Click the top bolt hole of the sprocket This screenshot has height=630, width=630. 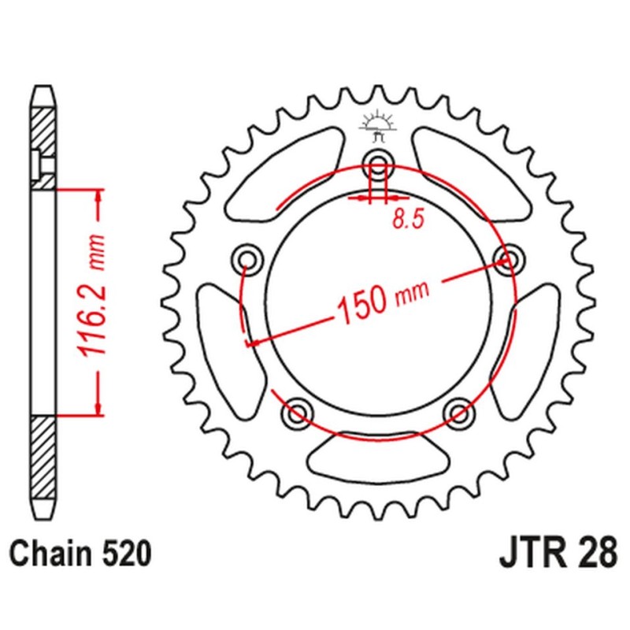(379, 165)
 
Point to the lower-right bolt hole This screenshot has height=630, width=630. (458, 411)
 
